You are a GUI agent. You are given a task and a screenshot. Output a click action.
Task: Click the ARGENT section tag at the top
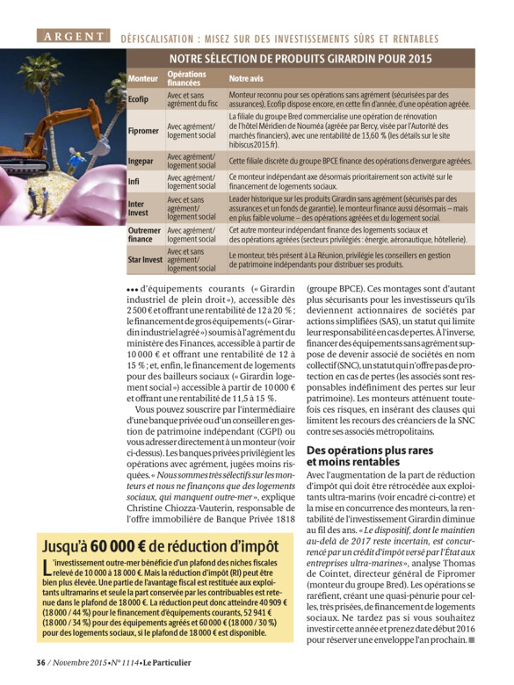[74, 37]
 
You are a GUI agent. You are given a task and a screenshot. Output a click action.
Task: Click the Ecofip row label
[139, 99]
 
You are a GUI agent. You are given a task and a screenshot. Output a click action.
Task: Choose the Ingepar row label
[141, 162]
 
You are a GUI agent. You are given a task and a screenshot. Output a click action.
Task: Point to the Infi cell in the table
[134, 182]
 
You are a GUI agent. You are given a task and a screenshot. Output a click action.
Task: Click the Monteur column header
[143, 78]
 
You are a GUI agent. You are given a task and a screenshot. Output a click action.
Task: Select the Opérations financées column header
[187, 78]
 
